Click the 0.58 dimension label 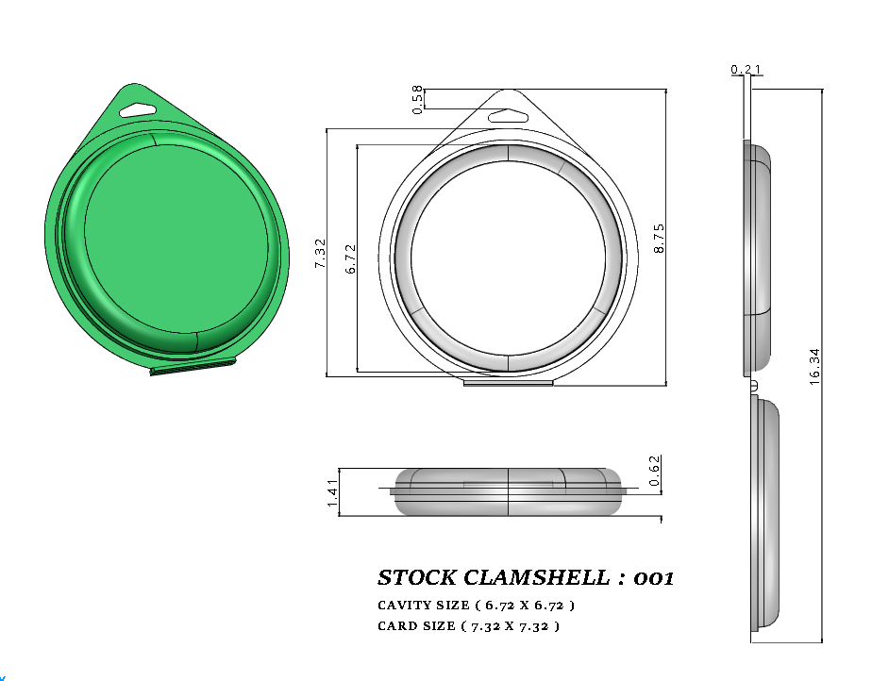pos(417,99)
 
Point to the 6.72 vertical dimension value pos(351,258)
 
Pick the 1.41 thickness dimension pos(332,492)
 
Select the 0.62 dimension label pos(656,470)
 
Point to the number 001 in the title pos(654,577)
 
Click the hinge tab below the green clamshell pos(193,369)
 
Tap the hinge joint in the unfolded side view pos(753,386)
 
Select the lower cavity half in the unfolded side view pos(767,514)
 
